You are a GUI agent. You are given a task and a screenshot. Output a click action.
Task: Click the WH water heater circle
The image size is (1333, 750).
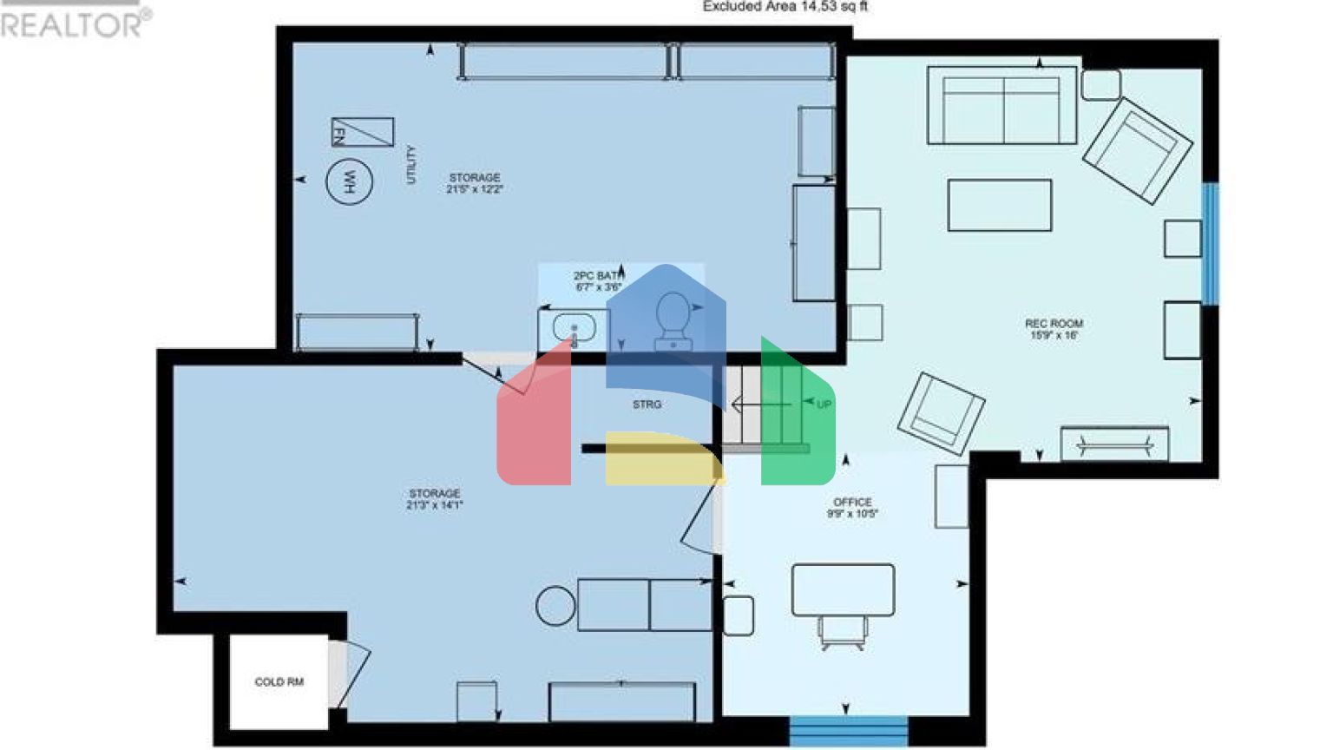(349, 181)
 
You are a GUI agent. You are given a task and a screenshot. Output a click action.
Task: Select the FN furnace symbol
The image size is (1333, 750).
(362, 132)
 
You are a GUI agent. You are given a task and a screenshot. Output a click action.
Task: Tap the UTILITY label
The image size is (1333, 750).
(410, 164)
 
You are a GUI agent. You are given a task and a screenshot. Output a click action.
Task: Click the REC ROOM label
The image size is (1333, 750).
(1054, 323)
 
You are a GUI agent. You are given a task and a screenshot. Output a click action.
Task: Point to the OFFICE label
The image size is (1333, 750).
(852, 502)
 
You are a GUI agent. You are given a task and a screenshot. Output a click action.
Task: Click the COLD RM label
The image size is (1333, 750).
(279, 682)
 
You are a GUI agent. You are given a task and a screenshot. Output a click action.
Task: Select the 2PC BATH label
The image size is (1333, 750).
(598, 275)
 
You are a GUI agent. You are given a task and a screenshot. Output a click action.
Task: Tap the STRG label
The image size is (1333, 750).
(647, 405)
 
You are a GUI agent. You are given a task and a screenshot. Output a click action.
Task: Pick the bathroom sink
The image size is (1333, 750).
(574, 328)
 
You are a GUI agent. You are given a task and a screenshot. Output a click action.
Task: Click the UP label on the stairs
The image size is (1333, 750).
(824, 405)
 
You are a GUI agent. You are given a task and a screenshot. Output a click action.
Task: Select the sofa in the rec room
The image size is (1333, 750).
(1001, 106)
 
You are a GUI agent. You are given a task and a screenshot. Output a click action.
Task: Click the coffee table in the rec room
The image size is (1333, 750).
(999, 205)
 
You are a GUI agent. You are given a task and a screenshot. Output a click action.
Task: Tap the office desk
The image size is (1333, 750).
(843, 589)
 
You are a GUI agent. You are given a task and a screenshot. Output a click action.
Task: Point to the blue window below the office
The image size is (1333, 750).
(848, 731)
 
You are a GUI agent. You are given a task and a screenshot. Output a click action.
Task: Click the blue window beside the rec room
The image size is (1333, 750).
(1210, 243)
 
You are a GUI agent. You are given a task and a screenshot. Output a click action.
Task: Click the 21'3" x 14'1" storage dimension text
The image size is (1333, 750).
(434, 505)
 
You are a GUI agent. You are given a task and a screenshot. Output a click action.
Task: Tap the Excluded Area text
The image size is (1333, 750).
(785, 6)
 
